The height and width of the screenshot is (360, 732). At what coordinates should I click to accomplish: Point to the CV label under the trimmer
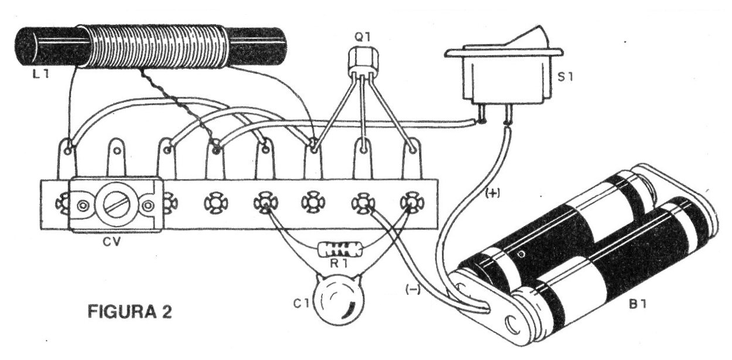[x=113, y=241]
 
